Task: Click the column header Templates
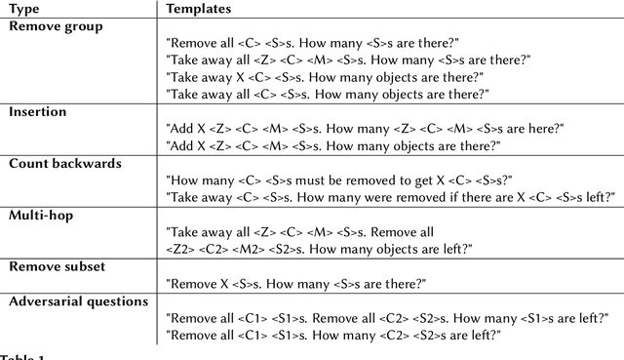click(198, 9)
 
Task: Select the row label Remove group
click(55, 26)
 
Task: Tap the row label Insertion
click(37, 112)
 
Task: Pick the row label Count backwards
click(64, 163)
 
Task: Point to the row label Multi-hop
click(42, 215)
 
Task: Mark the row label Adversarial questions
click(78, 301)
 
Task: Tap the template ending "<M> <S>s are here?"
click(365, 129)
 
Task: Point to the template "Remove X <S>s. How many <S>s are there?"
click(296, 283)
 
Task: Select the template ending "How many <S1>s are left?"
click(387, 318)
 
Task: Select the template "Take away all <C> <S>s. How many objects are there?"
click(328, 94)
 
